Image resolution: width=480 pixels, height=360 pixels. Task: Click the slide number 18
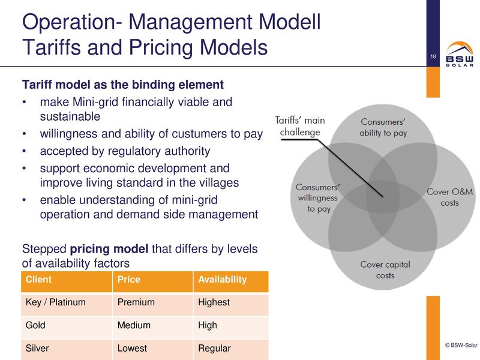click(431, 57)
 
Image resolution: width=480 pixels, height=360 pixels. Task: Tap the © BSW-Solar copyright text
click(460, 345)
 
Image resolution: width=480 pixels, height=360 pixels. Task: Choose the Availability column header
click(222, 280)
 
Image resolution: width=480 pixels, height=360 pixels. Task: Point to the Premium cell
click(136, 302)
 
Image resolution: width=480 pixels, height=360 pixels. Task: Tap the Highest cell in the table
click(214, 302)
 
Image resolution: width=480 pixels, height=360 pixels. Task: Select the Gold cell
click(36, 326)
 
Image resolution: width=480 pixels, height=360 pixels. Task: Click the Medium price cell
click(134, 326)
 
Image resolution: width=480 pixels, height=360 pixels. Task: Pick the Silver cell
click(37, 348)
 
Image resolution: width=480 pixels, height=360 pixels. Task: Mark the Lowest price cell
click(132, 348)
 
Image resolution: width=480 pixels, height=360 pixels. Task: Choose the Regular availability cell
click(214, 348)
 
